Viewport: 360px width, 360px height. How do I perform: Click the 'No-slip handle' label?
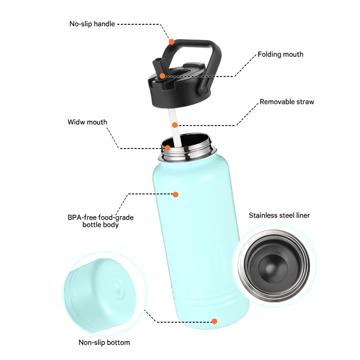tap(92, 24)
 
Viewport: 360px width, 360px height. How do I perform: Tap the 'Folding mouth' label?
tap(280, 54)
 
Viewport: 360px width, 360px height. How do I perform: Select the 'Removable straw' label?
tap(287, 102)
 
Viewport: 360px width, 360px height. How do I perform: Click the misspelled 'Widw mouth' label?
tap(87, 122)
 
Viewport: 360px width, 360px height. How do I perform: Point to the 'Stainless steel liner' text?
tap(279, 216)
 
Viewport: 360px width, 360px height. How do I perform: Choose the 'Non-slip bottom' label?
tap(104, 342)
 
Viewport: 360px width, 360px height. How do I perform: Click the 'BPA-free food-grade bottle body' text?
tap(100, 221)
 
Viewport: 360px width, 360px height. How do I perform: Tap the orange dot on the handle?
tap(171, 42)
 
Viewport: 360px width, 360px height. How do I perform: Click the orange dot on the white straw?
tap(175, 125)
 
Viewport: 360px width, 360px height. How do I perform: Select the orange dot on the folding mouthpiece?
tap(162, 76)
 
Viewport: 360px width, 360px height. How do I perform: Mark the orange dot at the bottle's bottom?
tap(214, 321)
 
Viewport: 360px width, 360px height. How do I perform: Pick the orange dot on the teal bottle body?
tap(175, 194)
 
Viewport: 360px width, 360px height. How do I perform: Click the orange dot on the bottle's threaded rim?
tap(167, 148)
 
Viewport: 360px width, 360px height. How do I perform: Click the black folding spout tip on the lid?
tap(157, 61)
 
